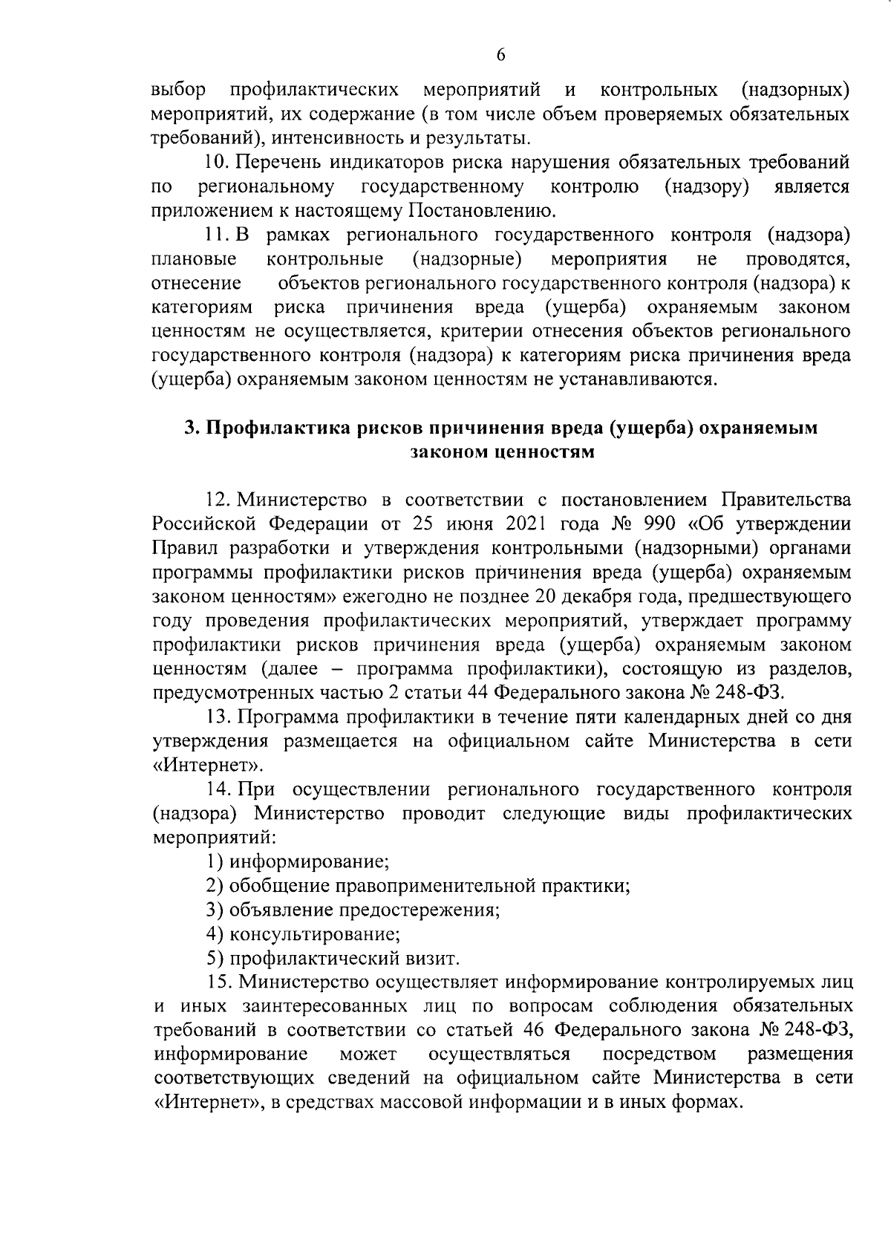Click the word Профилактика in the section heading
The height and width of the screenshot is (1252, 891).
click(x=279, y=428)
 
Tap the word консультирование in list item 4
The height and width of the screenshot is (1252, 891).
click(x=315, y=933)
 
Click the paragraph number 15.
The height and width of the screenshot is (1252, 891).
click(x=220, y=982)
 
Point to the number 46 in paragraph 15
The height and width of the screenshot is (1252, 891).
click(x=534, y=1030)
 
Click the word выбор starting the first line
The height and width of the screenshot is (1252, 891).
click(x=178, y=91)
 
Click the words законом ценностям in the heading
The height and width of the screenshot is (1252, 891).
click(x=503, y=452)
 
